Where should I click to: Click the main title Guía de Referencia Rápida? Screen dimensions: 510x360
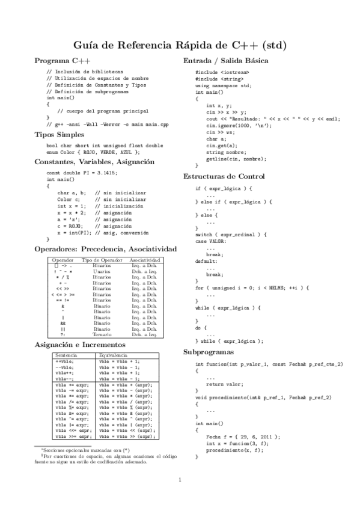180,45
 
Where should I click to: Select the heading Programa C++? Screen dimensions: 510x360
63,61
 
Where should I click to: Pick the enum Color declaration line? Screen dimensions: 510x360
88,152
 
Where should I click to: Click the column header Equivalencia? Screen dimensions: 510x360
113,355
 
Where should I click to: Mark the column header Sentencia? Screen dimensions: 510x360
66,355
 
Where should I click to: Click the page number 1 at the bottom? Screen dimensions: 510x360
180,479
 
